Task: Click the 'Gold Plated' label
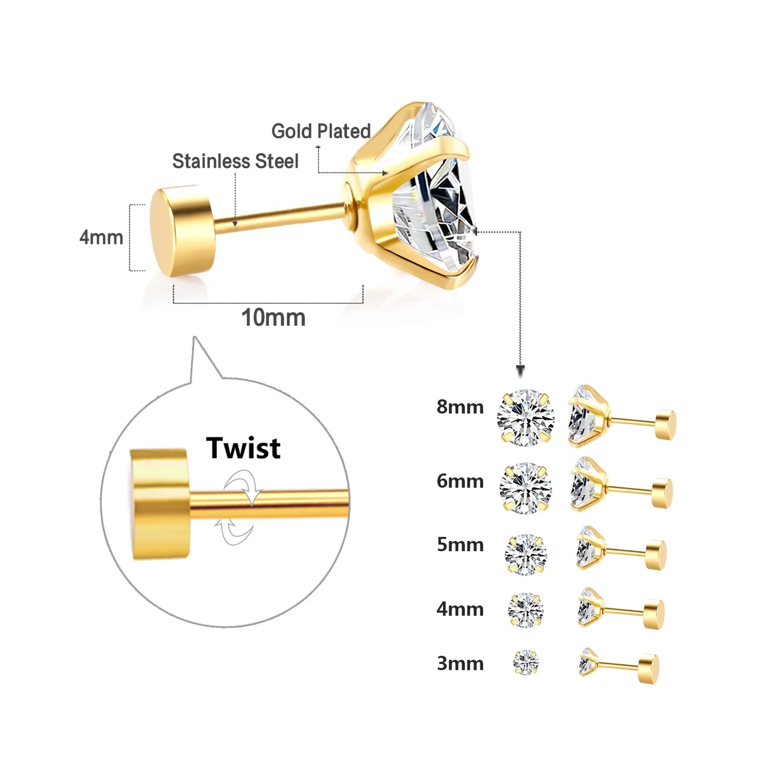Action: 321,131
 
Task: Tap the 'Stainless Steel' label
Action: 235,161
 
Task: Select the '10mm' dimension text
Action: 273,317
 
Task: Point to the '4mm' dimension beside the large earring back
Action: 101,237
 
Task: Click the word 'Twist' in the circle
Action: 243,448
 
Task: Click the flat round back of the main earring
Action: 182,230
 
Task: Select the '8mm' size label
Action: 460,407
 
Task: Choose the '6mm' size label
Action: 460,481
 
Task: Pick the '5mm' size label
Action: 460,544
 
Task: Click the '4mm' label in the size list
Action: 460,609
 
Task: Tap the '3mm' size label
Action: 460,663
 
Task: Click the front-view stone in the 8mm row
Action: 525,418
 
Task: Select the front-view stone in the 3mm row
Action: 526,662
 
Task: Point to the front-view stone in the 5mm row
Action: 525,554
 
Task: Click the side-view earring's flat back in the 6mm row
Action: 662,493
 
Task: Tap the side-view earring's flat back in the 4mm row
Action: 654,614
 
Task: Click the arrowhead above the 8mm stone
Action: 520,372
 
